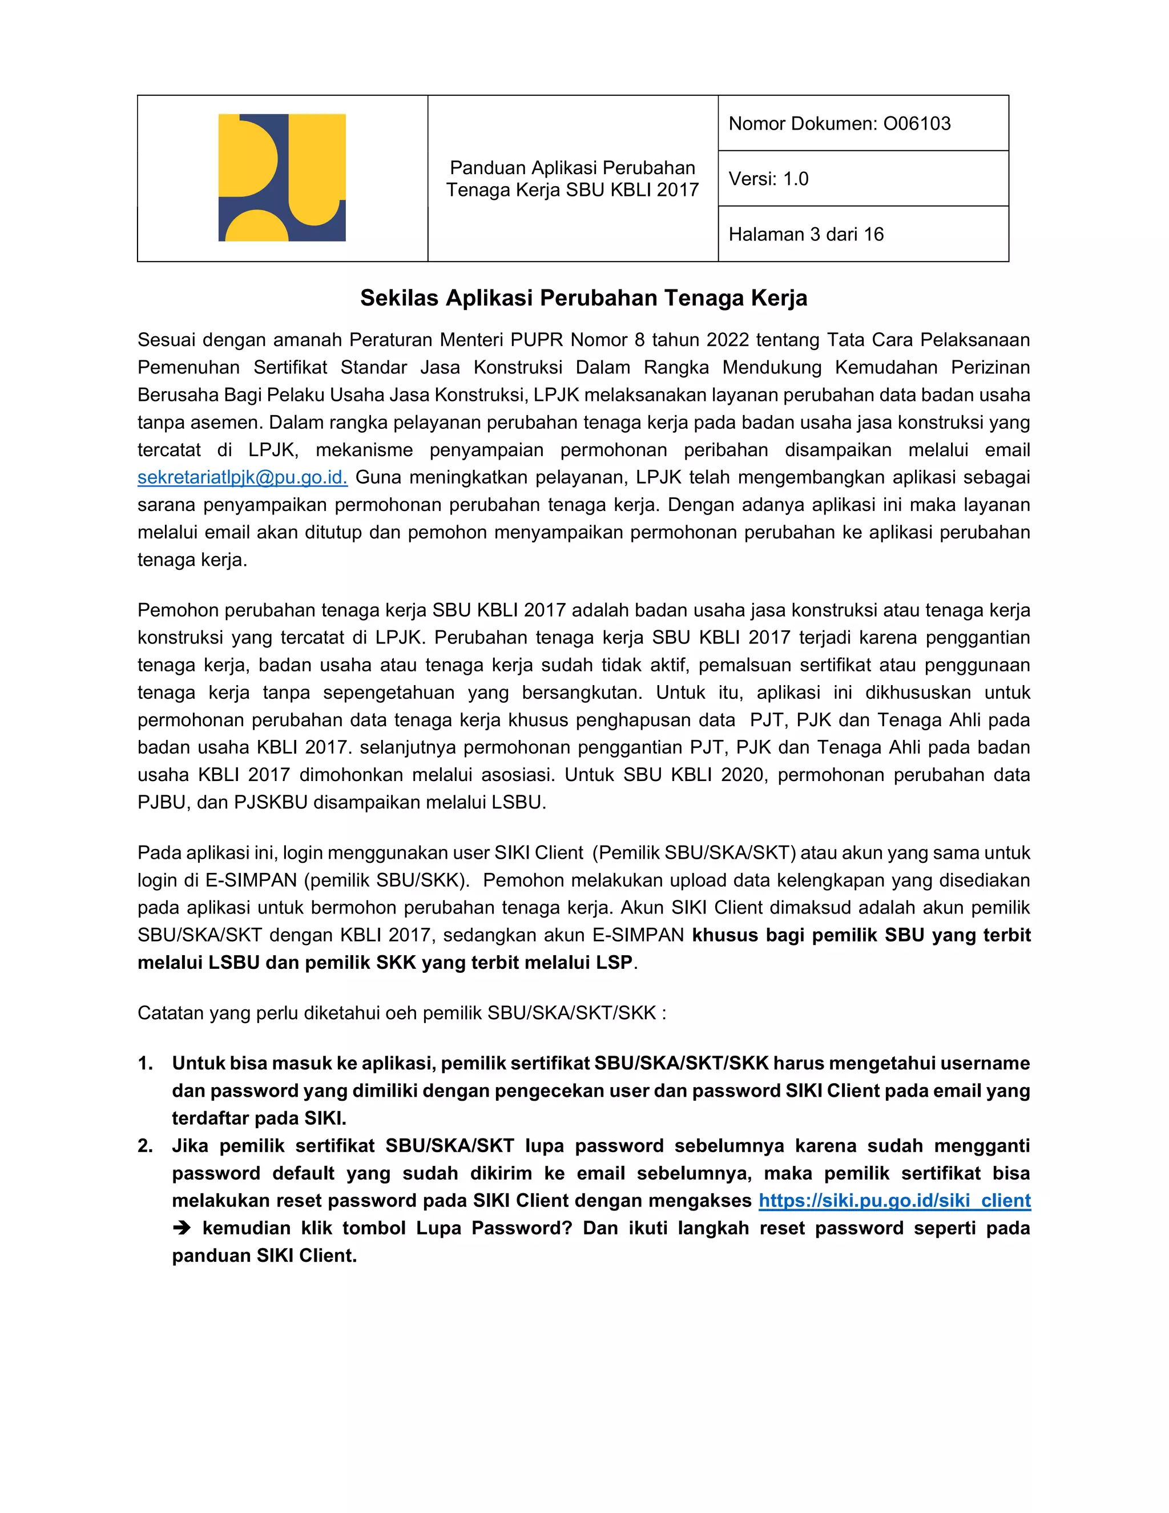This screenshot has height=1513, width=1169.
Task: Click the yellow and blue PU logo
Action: click(282, 178)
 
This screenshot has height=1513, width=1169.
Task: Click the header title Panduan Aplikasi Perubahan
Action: click(572, 168)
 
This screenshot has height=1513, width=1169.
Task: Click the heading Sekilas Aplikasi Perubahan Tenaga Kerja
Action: click(583, 298)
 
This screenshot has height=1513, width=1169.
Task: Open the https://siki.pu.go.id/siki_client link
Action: click(894, 1201)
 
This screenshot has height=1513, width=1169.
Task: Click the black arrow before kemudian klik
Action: click(182, 1228)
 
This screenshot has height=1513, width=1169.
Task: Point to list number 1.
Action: click(146, 1064)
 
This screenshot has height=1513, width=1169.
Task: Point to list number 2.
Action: click(146, 1146)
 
